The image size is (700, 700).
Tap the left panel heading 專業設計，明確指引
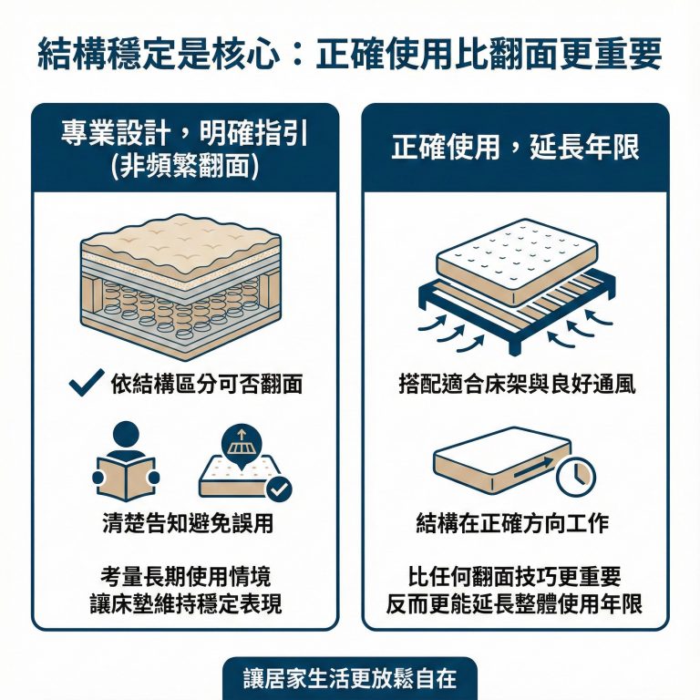[x=186, y=134]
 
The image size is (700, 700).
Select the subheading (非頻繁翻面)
[x=186, y=164]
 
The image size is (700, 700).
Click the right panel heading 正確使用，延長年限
[x=515, y=148]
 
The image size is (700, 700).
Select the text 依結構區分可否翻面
[x=206, y=385]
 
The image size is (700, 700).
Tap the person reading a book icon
[x=127, y=460]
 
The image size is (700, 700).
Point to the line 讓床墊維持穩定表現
[x=186, y=603]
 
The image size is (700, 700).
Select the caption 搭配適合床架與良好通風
[x=515, y=385]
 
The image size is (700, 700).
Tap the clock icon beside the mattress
[x=576, y=476]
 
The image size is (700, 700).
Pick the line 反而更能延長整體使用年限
[x=515, y=603]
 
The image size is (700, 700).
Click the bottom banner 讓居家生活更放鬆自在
[x=350, y=680]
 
